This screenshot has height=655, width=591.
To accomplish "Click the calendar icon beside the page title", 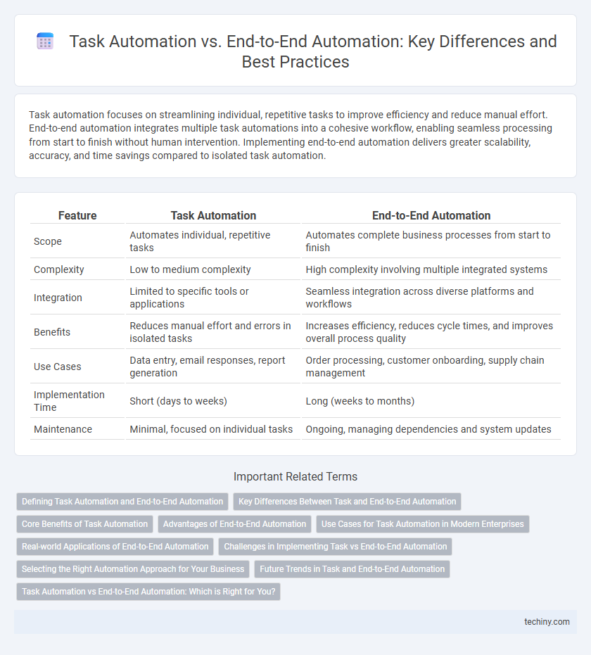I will pyautogui.click(x=45, y=42).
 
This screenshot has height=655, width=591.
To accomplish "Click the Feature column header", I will pyautogui.click(x=77, y=216).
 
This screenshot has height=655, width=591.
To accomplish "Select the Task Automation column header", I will pyautogui.click(x=213, y=216).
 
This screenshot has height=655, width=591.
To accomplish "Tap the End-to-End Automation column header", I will pyautogui.click(x=431, y=216).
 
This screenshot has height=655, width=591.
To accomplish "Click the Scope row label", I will pyautogui.click(x=48, y=241).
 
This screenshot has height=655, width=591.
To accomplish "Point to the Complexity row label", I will pyautogui.click(x=58, y=269).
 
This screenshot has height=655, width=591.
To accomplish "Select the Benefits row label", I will pyautogui.click(x=52, y=332).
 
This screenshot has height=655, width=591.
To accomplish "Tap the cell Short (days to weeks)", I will pyautogui.click(x=178, y=400).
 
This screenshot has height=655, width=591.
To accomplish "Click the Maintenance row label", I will pyautogui.click(x=63, y=428).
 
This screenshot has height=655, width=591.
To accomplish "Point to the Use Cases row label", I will pyautogui.click(x=56, y=367).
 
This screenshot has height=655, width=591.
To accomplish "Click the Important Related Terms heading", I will pyautogui.click(x=295, y=476).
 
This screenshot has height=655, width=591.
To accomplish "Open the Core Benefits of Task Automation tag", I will pyautogui.click(x=84, y=523).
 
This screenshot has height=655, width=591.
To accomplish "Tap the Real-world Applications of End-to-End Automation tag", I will pyautogui.click(x=115, y=546).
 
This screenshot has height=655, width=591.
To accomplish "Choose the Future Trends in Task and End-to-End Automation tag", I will pyautogui.click(x=352, y=568).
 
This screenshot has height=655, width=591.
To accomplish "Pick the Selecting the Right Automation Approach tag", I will pyautogui.click(x=133, y=568).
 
